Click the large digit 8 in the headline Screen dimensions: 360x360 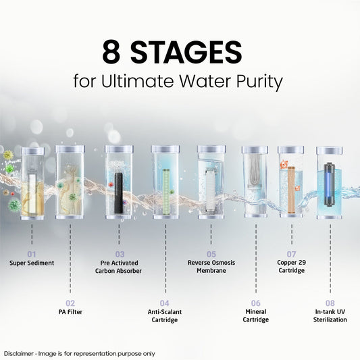(x=111, y=52)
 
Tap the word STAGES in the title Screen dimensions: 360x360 (x=186, y=52)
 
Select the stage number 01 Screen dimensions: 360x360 (x=32, y=254)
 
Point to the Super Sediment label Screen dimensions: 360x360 (x=32, y=263)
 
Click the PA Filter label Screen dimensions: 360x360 (x=70, y=312)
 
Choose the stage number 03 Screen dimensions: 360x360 (x=120, y=254)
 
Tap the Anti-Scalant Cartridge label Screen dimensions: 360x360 (x=165, y=316)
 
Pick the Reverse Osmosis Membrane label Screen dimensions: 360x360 (x=211, y=267)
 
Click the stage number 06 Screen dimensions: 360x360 (x=255, y=303)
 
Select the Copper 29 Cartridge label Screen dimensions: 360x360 (x=291, y=266)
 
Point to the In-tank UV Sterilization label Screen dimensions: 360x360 (x=330, y=315)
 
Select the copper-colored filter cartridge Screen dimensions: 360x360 (x=291, y=189)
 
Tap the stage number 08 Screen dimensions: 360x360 (x=330, y=303)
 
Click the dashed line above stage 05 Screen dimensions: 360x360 (x=211, y=234)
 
